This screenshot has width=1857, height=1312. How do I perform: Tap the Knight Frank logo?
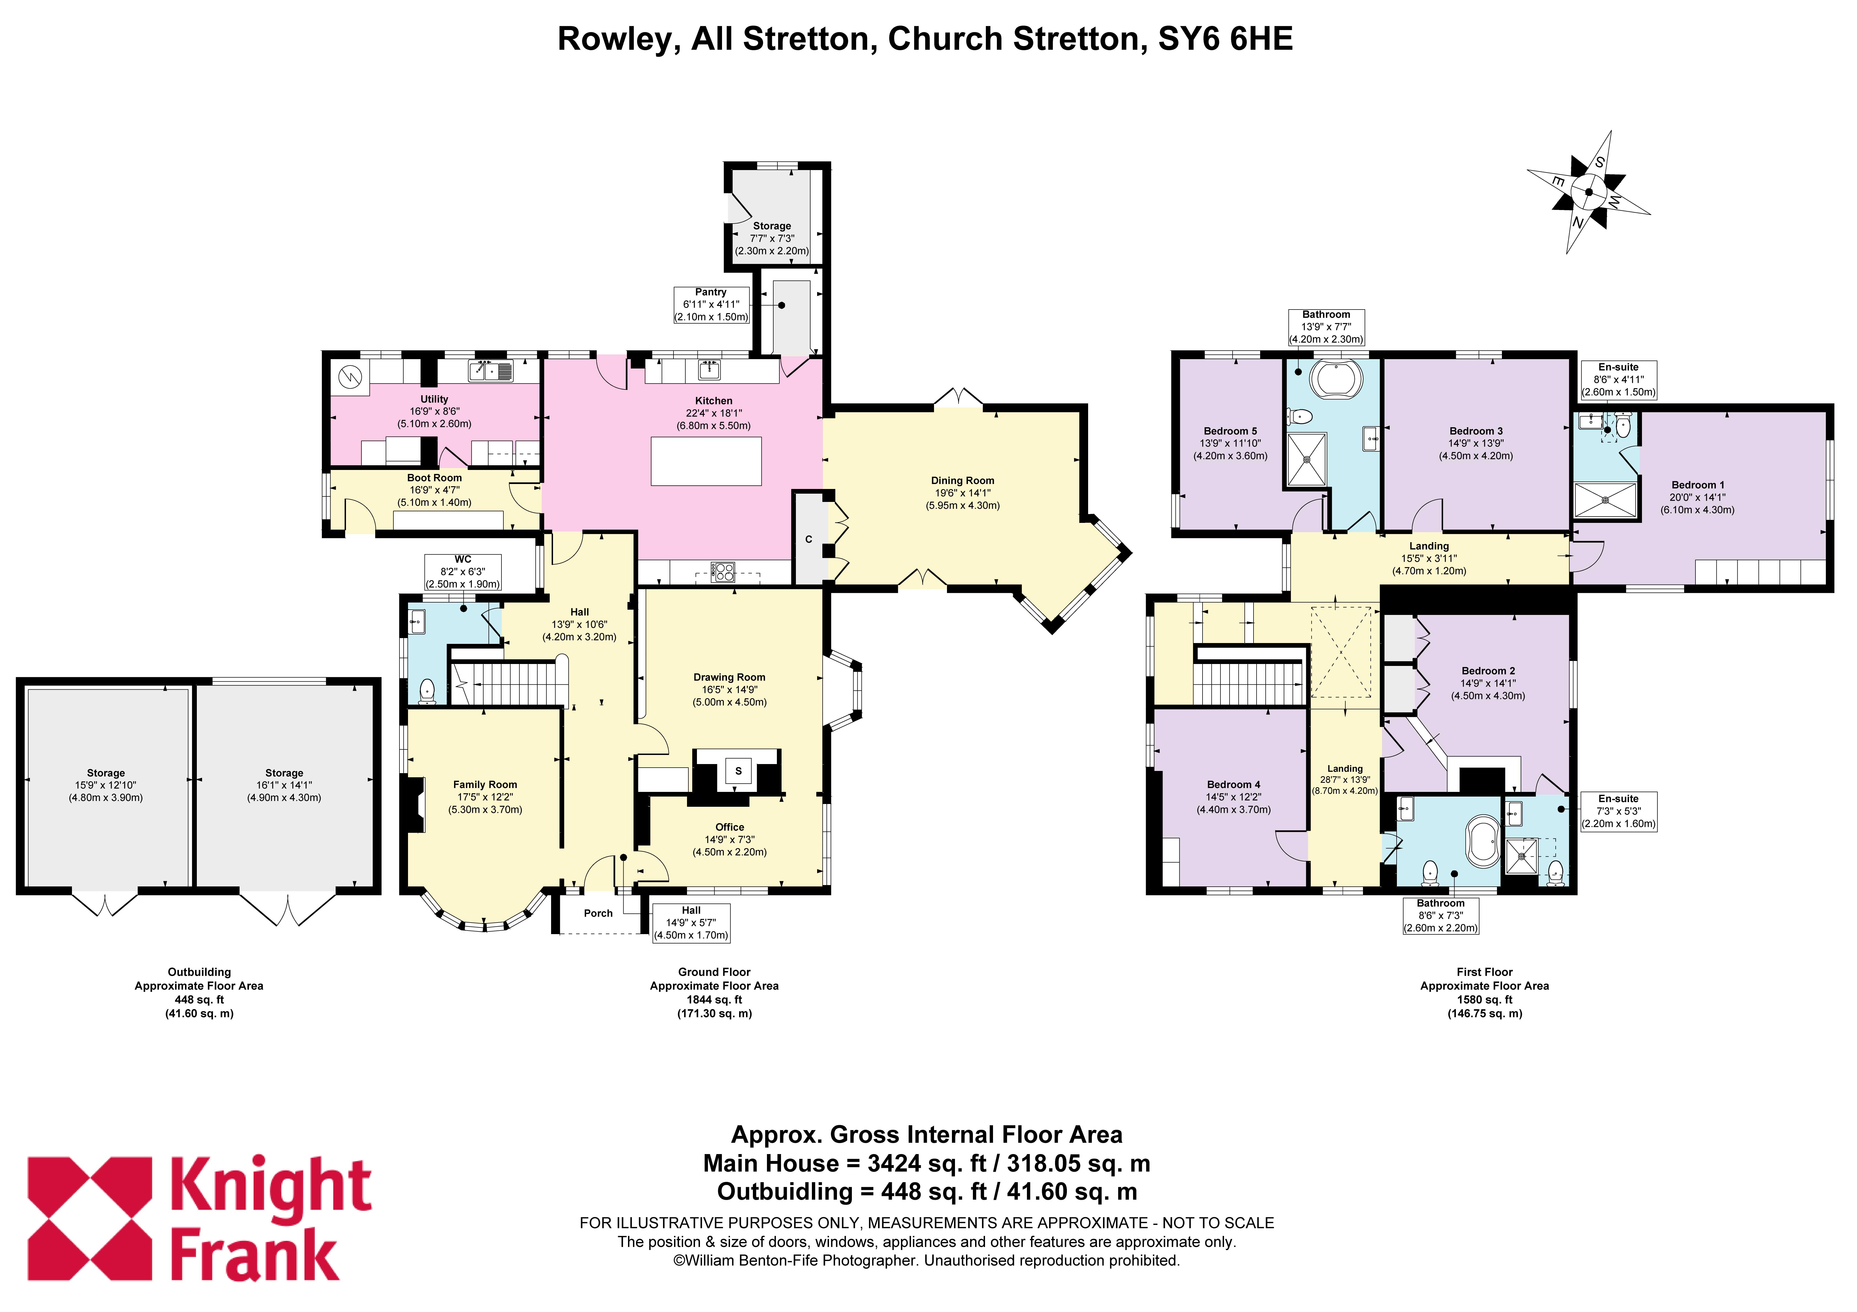tap(200, 1218)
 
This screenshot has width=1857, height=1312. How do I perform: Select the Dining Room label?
tap(962, 480)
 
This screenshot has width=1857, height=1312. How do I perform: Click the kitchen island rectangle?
tap(706, 461)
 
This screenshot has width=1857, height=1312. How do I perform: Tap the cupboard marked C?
tap(808, 539)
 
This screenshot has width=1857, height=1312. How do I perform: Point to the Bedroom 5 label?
tap(1230, 431)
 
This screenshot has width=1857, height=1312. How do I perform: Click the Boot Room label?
tap(434, 478)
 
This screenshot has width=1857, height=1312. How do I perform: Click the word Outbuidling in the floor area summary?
tap(785, 1192)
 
